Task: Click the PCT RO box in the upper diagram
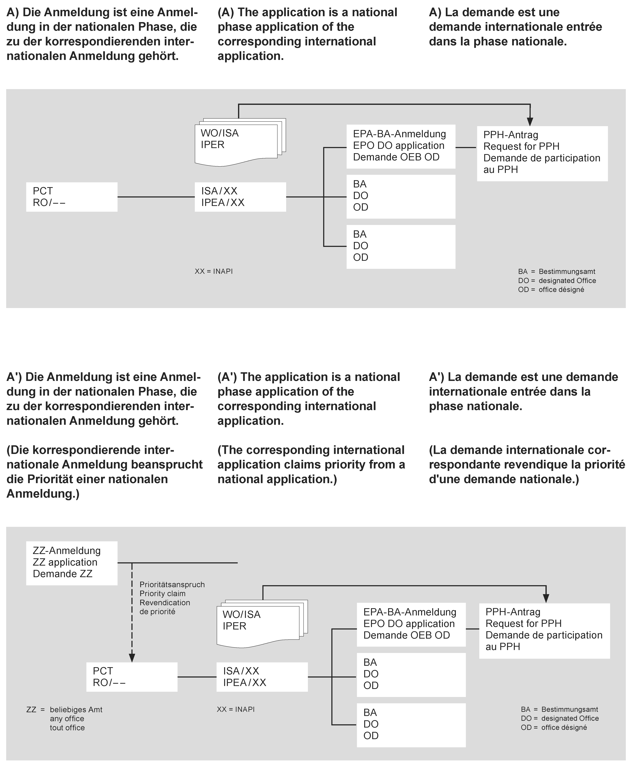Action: coord(72,197)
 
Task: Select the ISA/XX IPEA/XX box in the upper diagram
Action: coord(240,197)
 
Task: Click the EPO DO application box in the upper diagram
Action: coord(400,147)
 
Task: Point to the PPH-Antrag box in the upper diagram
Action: coord(542,153)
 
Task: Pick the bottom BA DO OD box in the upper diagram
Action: coord(400,247)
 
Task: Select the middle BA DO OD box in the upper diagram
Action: coord(400,196)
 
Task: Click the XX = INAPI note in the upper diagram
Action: coord(214,271)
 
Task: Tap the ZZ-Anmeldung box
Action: coord(72,563)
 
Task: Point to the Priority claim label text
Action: coord(162,594)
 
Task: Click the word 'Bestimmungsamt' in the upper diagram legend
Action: coord(567,271)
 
